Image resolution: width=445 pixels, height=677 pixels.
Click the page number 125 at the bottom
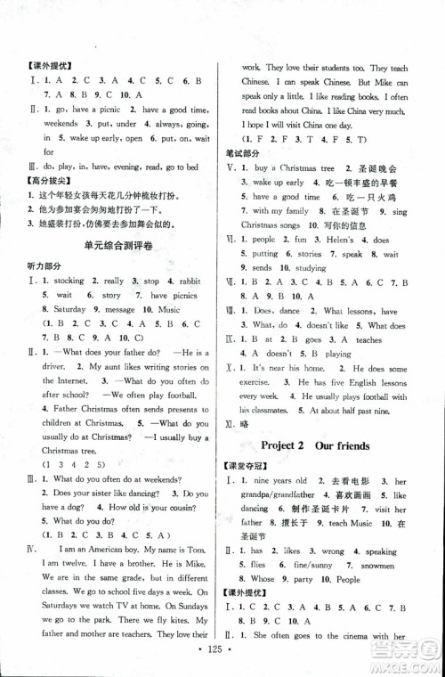[x=222, y=662]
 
